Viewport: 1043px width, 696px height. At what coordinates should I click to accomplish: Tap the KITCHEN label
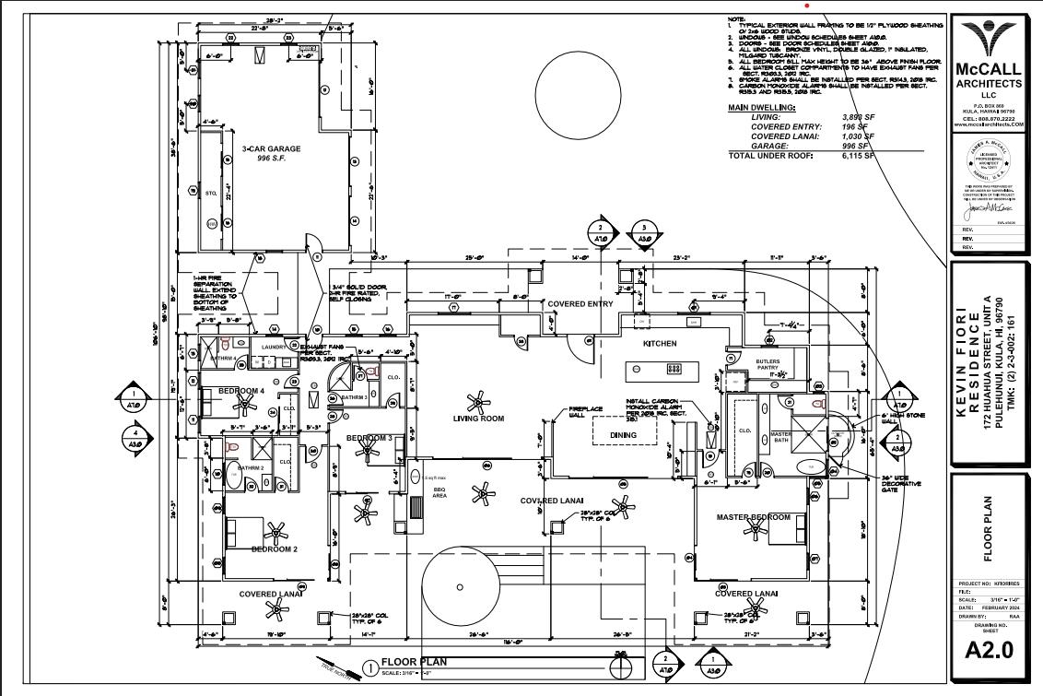pos(660,343)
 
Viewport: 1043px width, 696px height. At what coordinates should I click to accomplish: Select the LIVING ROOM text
pos(478,419)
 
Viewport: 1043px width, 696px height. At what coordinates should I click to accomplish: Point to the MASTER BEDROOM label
pos(754,517)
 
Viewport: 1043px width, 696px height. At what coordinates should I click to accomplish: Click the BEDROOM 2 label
pos(274,549)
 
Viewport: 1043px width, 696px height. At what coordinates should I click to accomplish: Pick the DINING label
pos(623,435)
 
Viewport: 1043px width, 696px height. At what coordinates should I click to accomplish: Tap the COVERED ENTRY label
pos(580,303)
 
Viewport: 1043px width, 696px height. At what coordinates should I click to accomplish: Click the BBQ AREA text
pos(439,493)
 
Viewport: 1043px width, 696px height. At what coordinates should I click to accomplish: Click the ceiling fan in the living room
pos(477,401)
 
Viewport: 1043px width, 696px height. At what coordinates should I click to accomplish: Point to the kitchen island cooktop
pos(674,369)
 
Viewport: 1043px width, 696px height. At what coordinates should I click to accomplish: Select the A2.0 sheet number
pos(989,649)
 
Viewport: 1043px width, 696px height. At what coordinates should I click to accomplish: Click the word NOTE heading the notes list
pos(736,18)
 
